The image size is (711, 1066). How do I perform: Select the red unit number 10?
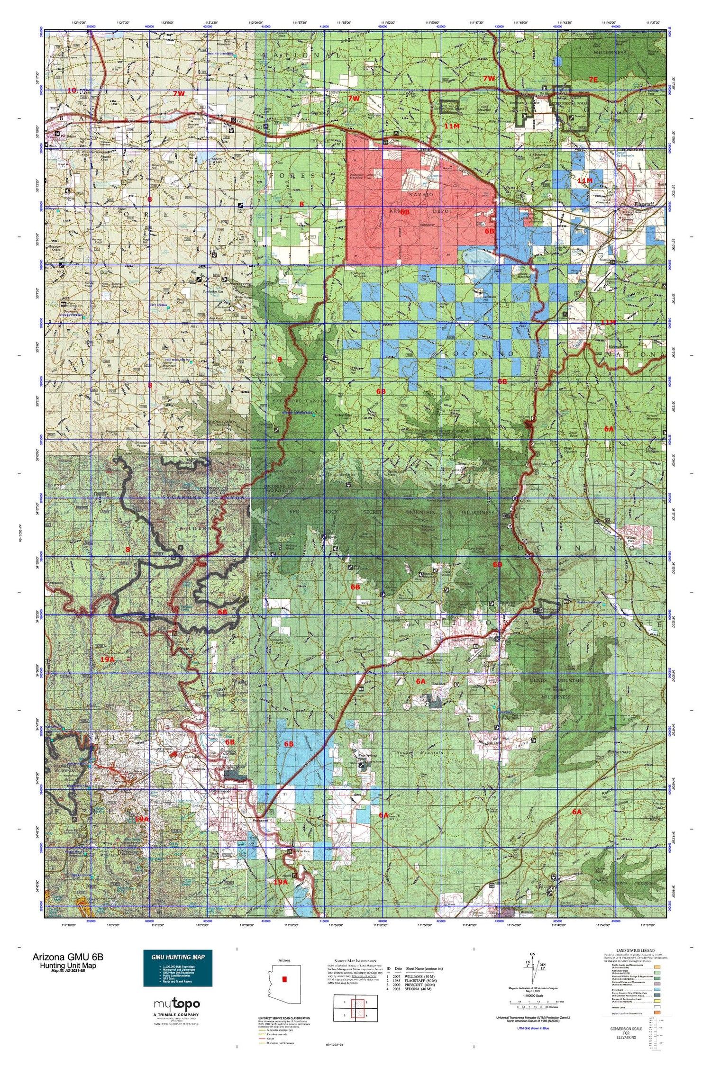pyautogui.click(x=72, y=90)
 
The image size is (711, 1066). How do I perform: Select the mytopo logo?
pyautogui.click(x=177, y=1003)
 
